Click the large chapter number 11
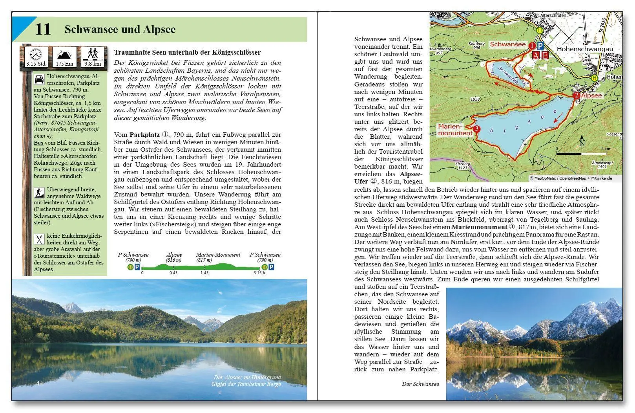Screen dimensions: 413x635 click(x=43, y=29)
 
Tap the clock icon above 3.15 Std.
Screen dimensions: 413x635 click(x=36, y=54)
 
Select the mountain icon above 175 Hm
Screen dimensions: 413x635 click(x=64, y=54)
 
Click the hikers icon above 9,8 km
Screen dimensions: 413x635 click(x=93, y=53)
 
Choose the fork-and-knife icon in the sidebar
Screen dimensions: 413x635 click(x=39, y=239)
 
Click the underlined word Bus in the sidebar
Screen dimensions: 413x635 click(x=38, y=143)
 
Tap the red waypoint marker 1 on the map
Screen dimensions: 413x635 click(x=532, y=46)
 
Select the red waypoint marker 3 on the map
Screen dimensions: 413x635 click(x=476, y=129)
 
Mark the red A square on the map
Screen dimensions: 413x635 click(x=536, y=55)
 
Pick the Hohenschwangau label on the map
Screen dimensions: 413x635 click(x=584, y=50)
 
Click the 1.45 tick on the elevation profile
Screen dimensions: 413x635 click(x=204, y=273)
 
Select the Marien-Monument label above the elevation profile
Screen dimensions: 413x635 click(x=218, y=255)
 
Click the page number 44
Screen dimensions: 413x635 click(x=40, y=383)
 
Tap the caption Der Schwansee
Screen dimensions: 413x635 click(x=420, y=384)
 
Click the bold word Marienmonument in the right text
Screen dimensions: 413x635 click(x=479, y=227)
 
